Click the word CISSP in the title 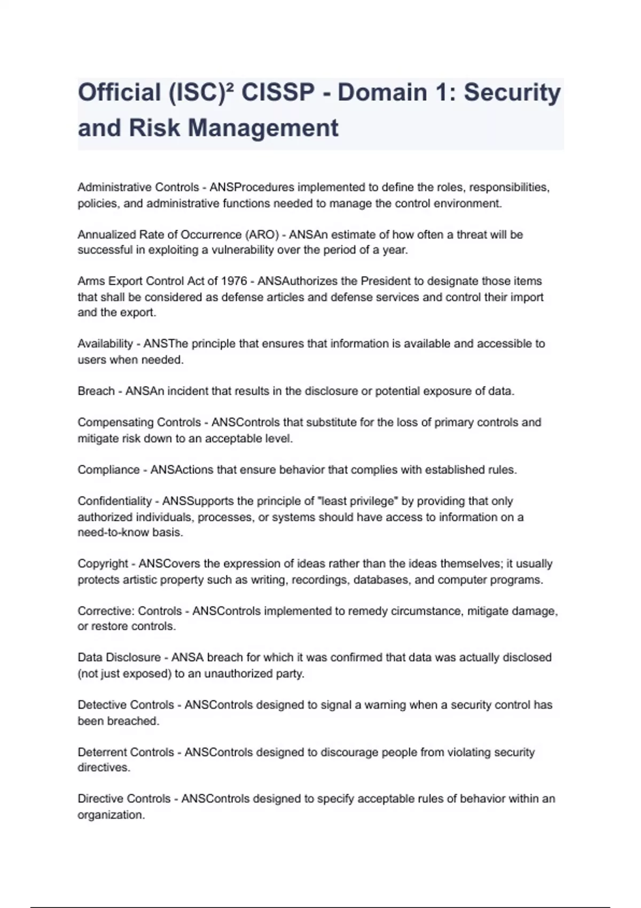278,92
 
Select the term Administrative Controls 138,187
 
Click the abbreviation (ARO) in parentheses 262,234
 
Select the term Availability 105,344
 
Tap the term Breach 96,391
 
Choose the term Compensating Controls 139,422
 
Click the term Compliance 108,470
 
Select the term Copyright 103,564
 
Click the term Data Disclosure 119,657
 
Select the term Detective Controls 126,705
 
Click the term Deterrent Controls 126,753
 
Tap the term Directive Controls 124,799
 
